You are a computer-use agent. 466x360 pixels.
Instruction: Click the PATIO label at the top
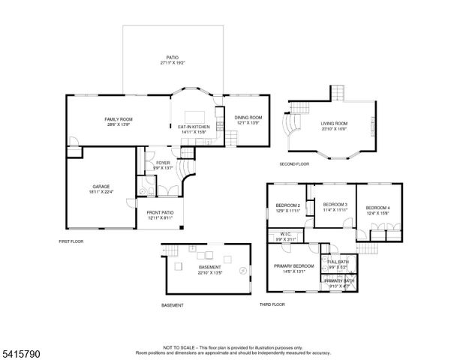[x=173, y=57]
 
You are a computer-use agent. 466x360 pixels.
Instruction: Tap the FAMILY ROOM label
[x=118, y=119]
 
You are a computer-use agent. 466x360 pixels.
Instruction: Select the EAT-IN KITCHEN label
[x=193, y=127]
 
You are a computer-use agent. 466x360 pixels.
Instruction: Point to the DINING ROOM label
[x=248, y=117]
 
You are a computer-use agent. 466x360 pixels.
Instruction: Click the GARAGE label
[x=101, y=186]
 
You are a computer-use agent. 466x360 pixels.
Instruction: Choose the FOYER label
[x=163, y=163]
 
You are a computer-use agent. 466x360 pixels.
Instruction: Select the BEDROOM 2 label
[x=287, y=205]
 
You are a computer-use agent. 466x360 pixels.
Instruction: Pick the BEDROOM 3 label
[x=335, y=205]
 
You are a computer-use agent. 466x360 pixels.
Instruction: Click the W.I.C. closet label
[x=286, y=233]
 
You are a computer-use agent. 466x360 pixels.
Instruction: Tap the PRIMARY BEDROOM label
[x=293, y=266]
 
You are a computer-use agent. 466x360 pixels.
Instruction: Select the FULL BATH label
[x=338, y=262]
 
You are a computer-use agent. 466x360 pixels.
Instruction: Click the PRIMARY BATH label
[x=338, y=280]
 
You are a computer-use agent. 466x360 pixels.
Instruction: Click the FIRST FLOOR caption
[x=72, y=241]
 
